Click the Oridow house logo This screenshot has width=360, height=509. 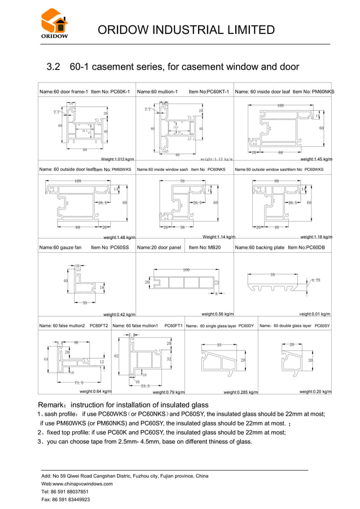point(54,24)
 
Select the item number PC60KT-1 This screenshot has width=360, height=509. point(217,91)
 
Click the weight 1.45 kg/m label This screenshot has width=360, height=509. point(316,160)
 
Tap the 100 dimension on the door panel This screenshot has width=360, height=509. point(186,270)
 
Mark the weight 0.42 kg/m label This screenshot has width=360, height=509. point(119,314)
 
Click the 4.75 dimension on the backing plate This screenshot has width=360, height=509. point(316,280)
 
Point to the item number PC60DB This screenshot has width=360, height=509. point(318,247)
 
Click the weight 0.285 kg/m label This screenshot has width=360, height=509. point(240,392)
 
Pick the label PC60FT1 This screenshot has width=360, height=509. point(173,326)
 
